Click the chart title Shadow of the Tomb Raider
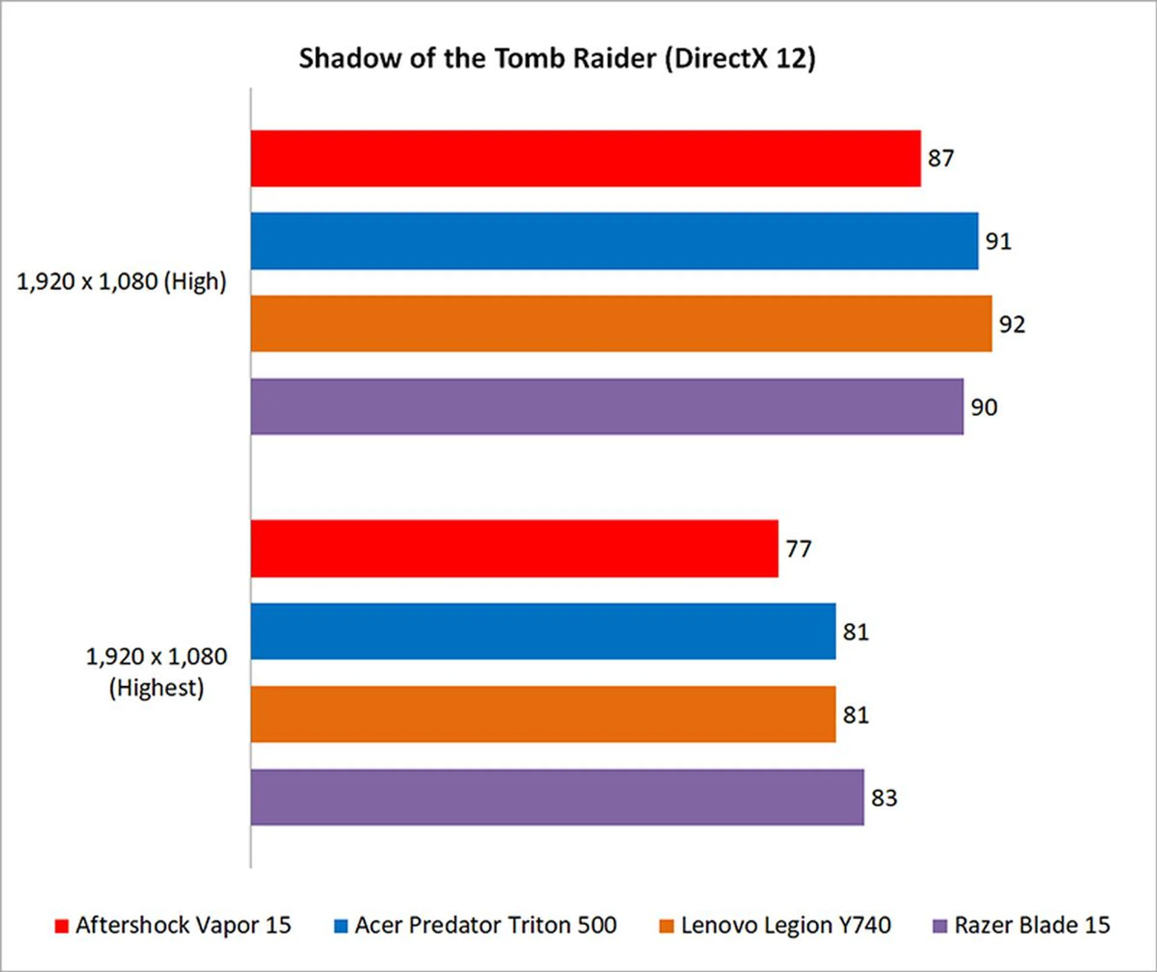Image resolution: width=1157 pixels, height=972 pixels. pyautogui.click(x=557, y=58)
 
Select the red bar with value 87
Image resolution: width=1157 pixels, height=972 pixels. pyautogui.click(x=585, y=158)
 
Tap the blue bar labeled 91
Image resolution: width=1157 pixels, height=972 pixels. pyautogui.click(x=614, y=241)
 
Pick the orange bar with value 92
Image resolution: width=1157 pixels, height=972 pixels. pyautogui.click(x=621, y=324)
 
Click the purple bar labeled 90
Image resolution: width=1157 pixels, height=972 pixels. pyautogui.click(x=607, y=407)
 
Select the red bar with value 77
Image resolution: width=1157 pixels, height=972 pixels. pyautogui.click(x=514, y=549)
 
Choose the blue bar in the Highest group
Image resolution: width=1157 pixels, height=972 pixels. pyautogui.click(x=543, y=632)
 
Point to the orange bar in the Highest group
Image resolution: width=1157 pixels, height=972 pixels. pyautogui.click(x=543, y=715)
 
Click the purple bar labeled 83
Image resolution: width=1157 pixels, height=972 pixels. pyautogui.click(x=557, y=797)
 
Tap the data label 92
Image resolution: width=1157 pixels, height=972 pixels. pyautogui.click(x=1012, y=325)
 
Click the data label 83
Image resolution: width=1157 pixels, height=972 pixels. pyautogui.click(x=884, y=798)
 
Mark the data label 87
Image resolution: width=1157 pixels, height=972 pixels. pyautogui.click(x=941, y=158)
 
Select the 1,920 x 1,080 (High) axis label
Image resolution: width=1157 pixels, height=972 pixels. pyautogui.click(x=121, y=281)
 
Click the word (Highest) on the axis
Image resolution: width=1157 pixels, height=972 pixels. pyautogui.click(x=156, y=688)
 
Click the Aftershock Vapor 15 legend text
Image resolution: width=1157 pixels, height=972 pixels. pyautogui.click(x=183, y=925)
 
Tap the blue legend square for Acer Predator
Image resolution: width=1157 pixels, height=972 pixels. pyautogui.click(x=341, y=926)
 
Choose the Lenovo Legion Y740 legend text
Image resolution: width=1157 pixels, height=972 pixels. pyautogui.click(x=786, y=925)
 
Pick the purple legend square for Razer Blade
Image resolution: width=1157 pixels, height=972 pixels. pyautogui.click(x=940, y=926)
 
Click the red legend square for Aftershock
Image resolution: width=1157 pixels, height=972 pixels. pyautogui.click(x=61, y=926)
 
